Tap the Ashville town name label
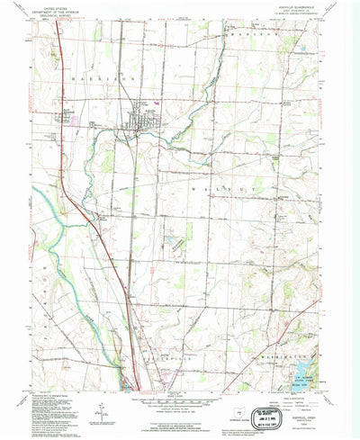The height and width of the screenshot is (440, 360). (x=143, y=104)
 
